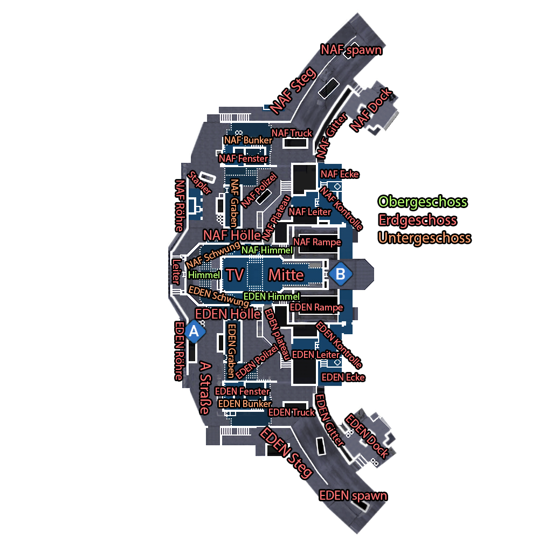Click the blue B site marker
click(x=341, y=274)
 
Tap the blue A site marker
click(x=194, y=332)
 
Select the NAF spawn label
click(x=351, y=50)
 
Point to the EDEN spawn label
click(x=353, y=496)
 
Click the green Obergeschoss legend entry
click(x=423, y=202)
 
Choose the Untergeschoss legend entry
click(x=425, y=238)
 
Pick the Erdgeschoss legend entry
click(x=418, y=220)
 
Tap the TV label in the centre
click(x=235, y=275)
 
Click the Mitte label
click(x=286, y=275)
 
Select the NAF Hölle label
click(x=232, y=235)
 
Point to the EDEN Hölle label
click(x=228, y=314)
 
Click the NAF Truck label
click(x=292, y=133)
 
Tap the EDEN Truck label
click(x=292, y=412)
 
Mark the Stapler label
click(x=199, y=182)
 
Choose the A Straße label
click(x=205, y=388)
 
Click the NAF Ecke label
click(x=340, y=174)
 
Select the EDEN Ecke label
click(x=343, y=377)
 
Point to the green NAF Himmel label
click(x=267, y=250)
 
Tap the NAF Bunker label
click(x=248, y=140)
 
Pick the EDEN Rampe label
click(x=316, y=307)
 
